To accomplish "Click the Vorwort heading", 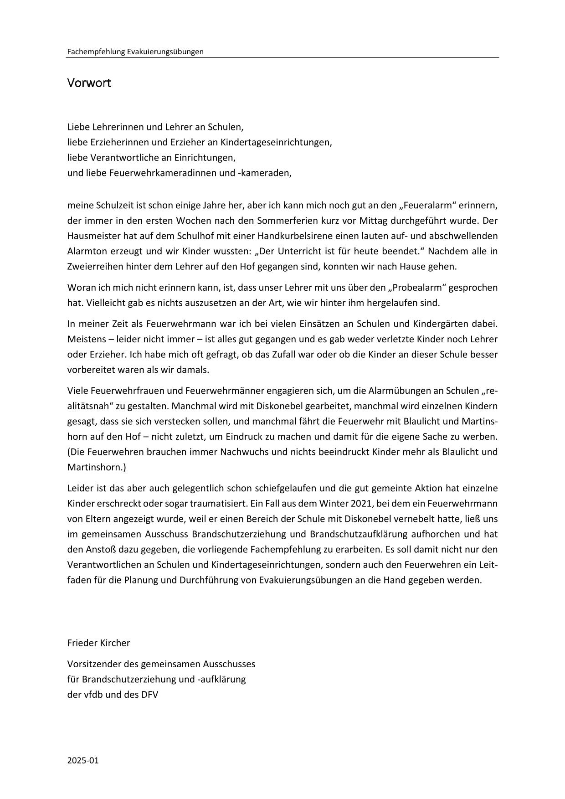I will pos(89,83).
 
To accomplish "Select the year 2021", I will pos(362,504).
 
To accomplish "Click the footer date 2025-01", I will pos(83,761).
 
